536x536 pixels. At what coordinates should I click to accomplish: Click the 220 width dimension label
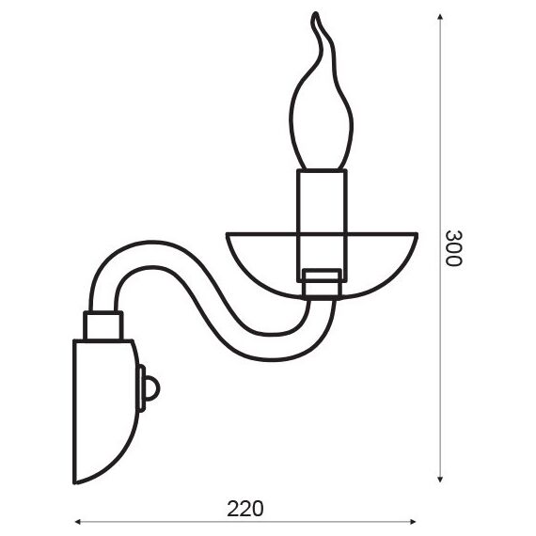click(x=245, y=509)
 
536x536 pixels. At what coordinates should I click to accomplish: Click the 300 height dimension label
click(x=454, y=248)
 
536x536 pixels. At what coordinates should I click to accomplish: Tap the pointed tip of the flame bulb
click(x=316, y=14)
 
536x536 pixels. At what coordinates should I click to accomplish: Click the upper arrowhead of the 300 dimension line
click(x=440, y=17)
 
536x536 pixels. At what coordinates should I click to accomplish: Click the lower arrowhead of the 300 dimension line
click(x=440, y=480)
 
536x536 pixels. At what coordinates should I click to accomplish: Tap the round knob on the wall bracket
click(x=152, y=388)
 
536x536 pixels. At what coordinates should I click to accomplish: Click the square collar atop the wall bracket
click(x=103, y=325)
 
